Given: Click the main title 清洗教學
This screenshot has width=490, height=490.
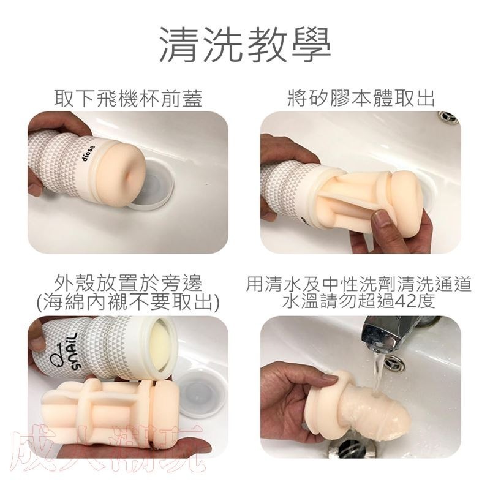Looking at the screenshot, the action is coord(245,45).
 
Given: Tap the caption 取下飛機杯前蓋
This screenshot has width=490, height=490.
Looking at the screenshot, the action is coord(128,98).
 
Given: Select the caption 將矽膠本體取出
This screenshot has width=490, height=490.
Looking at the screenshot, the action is coord(361,98).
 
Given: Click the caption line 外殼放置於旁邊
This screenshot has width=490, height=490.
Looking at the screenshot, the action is coord(128,284).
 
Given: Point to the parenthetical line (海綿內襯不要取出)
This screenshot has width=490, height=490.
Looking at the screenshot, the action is coord(128,303).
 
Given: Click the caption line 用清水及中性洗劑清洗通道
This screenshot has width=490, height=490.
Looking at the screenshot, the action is coord(359,284).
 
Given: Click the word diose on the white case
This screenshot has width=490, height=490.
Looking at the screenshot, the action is coord(89,153).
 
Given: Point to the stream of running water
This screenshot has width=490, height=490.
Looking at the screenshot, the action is coord(377,372).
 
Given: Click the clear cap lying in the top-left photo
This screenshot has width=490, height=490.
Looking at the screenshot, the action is coord(153,188).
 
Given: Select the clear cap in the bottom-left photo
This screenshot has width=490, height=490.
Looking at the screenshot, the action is coord(202,394).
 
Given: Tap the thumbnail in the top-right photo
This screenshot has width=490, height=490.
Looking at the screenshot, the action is coord(380,219).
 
